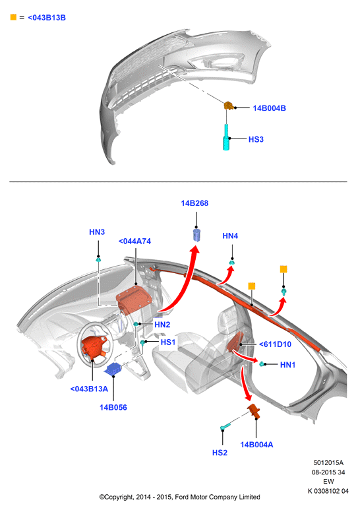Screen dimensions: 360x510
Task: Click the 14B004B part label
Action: point(270,108)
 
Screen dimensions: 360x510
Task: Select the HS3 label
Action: point(256,139)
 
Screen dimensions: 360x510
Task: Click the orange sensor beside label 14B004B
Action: point(229,106)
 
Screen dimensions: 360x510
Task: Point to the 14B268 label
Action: point(195,203)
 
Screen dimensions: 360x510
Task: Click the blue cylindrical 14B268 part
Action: point(196,235)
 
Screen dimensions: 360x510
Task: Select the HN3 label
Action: point(97,232)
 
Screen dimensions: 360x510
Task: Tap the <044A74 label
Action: point(135,241)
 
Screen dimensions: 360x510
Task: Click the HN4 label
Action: point(230,236)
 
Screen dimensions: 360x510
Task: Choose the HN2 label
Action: point(162,325)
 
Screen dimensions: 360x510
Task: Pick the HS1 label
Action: point(168,342)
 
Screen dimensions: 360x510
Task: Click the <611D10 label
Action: point(275,344)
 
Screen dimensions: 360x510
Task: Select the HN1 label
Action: point(288,365)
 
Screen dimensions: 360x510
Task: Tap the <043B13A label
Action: point(89,389)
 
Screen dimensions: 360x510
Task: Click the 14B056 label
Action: point(113,408)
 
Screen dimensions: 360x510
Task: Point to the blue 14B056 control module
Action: point(113,369)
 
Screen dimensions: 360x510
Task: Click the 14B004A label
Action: point(256,445)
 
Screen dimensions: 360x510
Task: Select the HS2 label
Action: point(220,453)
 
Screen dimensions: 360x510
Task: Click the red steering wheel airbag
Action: point(94,348)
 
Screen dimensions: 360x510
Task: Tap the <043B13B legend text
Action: point(47,18)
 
